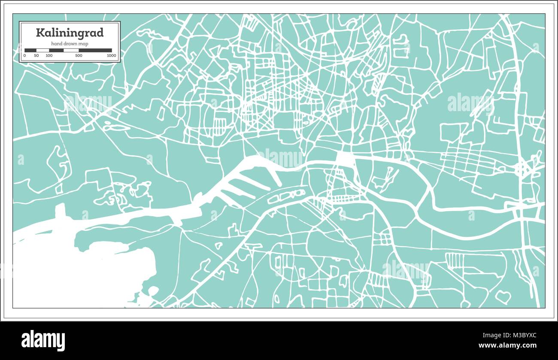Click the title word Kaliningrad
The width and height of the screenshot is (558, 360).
click(x=70, y=33)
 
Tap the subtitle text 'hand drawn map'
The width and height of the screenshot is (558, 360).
click(x=70, y=44)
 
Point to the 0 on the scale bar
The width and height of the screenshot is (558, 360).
click(x=24, y=55)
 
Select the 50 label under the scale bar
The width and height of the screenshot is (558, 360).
click(x=36, y=55)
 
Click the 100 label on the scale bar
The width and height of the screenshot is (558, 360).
click(x=49, y=55)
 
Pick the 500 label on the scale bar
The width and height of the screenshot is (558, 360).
click(x=79, y=55)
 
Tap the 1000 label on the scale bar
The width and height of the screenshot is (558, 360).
click(x=111, y=55)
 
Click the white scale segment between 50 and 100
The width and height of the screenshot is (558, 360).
click(x=42, y=50)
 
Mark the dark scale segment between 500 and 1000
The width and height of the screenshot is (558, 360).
click(x=95, y=50)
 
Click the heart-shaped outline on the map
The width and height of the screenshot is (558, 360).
click(x=503, y=296)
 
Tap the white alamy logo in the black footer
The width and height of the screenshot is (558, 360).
click(x=43, y=340)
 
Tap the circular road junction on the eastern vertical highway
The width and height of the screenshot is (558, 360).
click(x=522, y=169)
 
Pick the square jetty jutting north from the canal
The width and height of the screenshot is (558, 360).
click(x=60, y=210)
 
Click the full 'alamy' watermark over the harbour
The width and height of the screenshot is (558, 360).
click(x=281, y=158)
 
